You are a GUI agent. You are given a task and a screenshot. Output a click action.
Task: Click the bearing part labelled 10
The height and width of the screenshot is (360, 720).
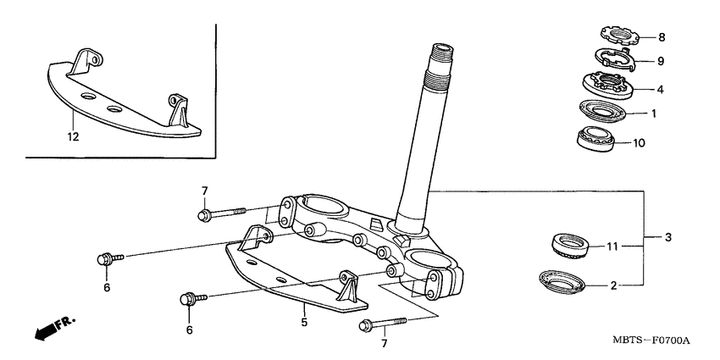[599, 138]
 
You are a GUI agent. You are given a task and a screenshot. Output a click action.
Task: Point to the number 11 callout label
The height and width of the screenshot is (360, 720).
[612, 246]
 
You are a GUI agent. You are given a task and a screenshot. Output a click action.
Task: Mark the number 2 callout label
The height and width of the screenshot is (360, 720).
[612, 285]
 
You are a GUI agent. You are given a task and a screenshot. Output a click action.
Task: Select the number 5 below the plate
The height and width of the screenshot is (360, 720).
[303, 322]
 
